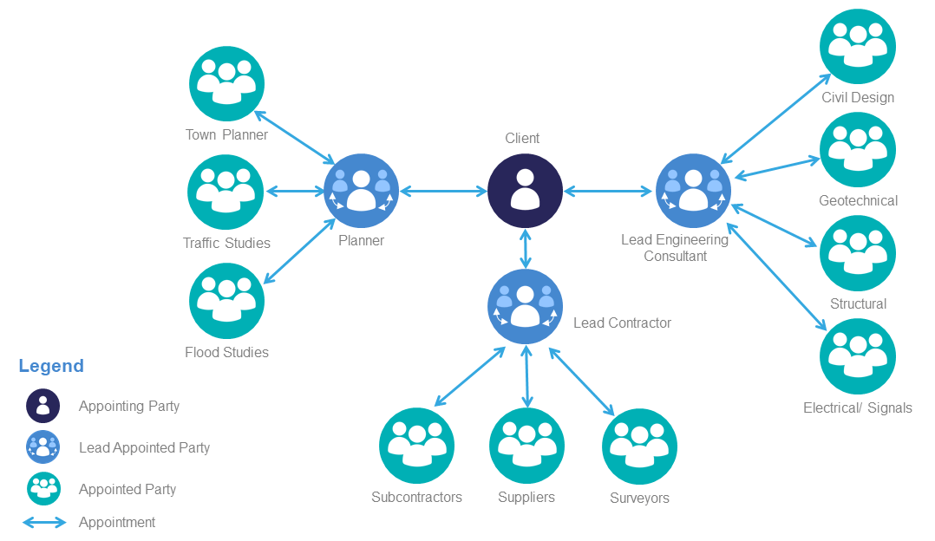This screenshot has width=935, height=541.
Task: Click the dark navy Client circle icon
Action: pos(525,191)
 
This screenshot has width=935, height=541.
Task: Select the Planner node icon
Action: pos(361,191)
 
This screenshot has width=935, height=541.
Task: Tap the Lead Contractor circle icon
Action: pos(525,306)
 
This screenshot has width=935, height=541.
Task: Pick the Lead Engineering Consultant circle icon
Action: pos(693,191)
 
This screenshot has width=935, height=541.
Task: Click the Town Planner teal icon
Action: pos(226,83)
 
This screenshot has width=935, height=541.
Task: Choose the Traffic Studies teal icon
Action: pos(226,192)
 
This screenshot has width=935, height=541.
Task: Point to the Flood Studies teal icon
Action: pos(226,301)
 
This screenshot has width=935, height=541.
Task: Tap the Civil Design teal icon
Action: pos(858,46)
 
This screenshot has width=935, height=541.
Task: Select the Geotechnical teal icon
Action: pos(858,149)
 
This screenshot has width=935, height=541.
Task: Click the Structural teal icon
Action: pos(858,252)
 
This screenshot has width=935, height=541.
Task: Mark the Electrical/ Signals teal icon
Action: pos(858,355)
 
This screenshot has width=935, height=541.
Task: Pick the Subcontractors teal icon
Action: pos(417,446)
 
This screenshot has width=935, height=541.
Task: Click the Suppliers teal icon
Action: pos(526,446)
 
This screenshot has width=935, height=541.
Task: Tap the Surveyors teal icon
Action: pos(639,446)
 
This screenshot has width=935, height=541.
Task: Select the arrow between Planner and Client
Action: pos(443,191)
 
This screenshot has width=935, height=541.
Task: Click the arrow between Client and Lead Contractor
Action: pos(525,248)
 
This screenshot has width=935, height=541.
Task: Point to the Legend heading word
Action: pos(51,366)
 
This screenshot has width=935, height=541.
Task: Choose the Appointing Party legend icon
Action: pos(42,406)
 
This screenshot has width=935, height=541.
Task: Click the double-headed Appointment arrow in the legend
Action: pos(43,523)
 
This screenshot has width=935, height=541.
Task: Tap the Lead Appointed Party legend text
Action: pos(144,447)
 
